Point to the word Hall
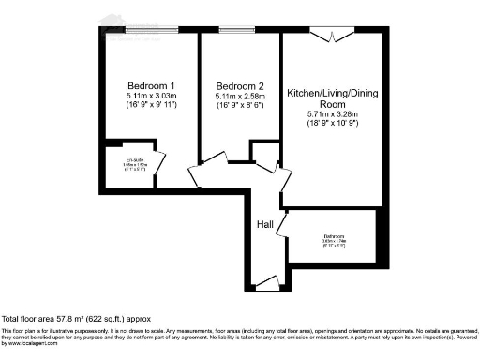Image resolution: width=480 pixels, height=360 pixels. pyautogui.click(x=265, y=225)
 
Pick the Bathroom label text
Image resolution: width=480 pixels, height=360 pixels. pyautogui.click(x=335, y=235)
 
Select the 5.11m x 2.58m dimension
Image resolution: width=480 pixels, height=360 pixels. pyautogui.click(x=233, y=95)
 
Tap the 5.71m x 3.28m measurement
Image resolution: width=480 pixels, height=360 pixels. pyautogui.click(x=332, y=115)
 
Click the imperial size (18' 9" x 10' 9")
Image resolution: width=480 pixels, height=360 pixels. pyautogui.click(x=332, y=126)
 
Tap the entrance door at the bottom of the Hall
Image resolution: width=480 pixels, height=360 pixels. pyautogui.click(x=266, y=281)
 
